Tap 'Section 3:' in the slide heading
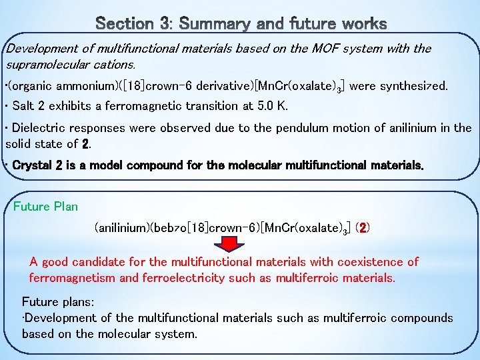(134, 25)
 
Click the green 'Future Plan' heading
(45, 206)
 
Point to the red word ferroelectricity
(177, 277)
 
